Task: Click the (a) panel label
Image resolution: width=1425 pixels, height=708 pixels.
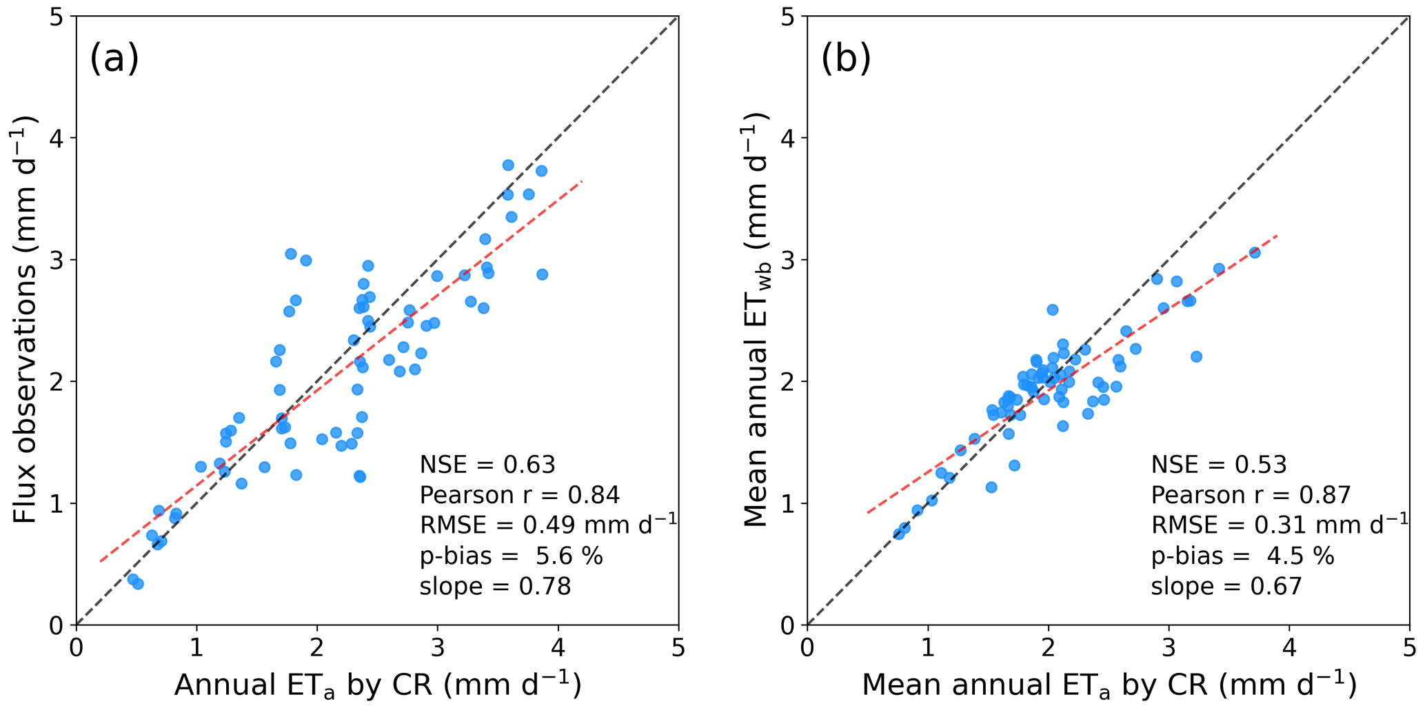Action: click(114, 58)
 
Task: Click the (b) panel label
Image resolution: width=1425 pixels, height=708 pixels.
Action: click(846, 58)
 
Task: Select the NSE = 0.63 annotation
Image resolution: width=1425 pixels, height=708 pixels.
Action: click(487, 465)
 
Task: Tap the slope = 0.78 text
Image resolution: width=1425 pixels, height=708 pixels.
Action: click(495, 587)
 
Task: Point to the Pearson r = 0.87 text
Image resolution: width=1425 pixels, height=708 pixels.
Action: click(1251, 496)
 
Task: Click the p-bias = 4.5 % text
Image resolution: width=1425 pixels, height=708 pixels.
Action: click(1242, 556)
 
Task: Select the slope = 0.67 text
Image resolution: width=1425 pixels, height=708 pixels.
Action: click(1226, 587)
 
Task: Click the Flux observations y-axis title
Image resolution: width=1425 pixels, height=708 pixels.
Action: click(26, 321)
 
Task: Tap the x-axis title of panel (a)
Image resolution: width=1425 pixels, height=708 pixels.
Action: click(377, 685)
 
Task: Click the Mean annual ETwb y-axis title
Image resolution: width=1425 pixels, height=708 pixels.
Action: click(757, 321)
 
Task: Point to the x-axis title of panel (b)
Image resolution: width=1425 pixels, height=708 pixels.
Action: click(1109, 685)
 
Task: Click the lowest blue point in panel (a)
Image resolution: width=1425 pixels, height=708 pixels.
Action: click(138, 584)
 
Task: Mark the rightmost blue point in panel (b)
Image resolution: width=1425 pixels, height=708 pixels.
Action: click(1255, 253)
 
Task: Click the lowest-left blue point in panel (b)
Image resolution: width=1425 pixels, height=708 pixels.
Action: click(899, 534)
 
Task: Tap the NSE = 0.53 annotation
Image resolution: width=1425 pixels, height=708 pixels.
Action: click(1219, 465)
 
